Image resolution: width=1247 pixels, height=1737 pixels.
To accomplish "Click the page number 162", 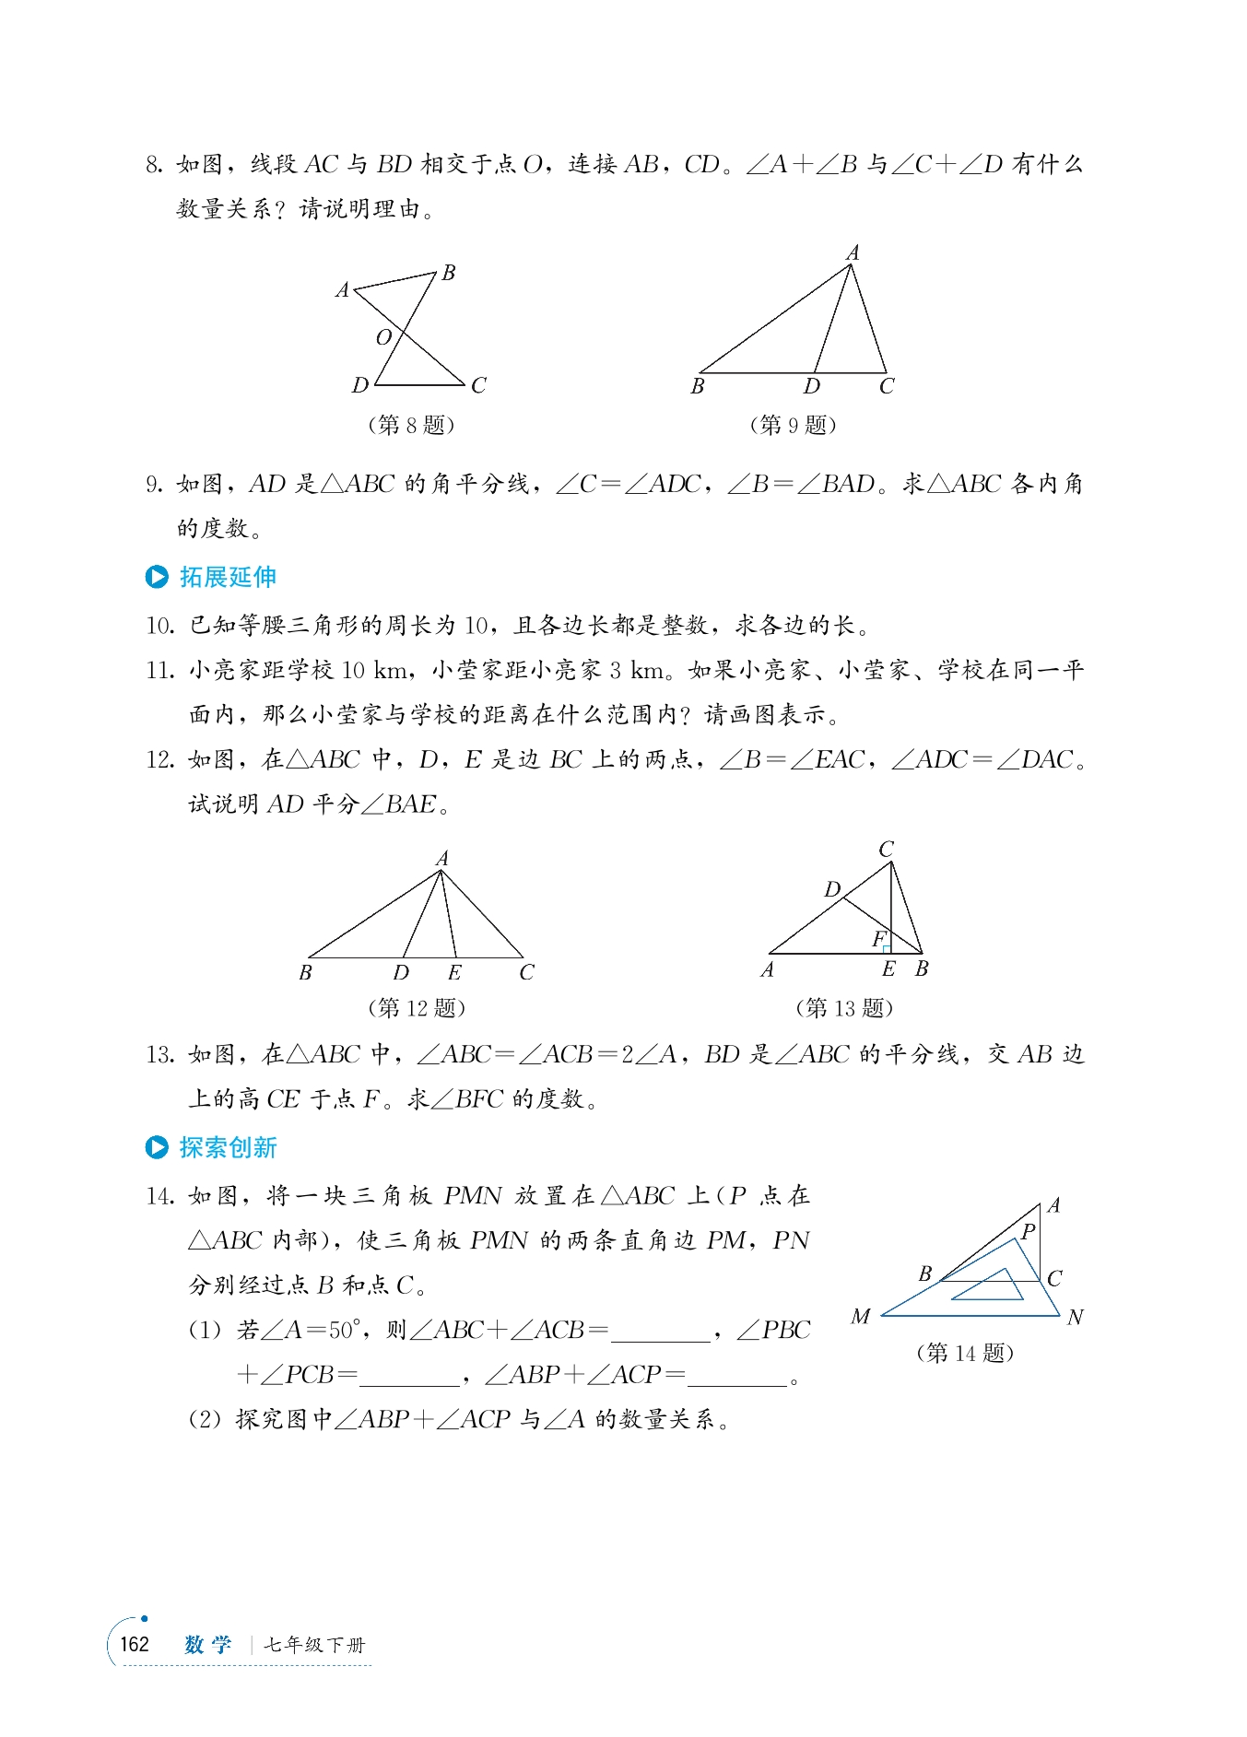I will [135, 1644].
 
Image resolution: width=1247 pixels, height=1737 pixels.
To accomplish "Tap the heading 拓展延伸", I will [228, 577].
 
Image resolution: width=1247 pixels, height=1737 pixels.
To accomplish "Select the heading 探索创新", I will [228, 1147].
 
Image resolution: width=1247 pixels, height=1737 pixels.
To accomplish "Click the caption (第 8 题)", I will [411, 425].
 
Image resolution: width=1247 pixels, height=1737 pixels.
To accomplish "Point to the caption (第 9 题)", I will [793, 425].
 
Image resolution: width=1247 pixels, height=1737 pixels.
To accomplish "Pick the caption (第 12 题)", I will [417, 1007].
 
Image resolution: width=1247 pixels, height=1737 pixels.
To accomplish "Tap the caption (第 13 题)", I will [844, 1007].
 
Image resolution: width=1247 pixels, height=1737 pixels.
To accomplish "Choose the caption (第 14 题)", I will [965, 1353].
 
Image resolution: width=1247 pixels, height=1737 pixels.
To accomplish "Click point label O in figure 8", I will [383, 338].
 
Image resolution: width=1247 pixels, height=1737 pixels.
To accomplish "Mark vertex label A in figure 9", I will [853, 252].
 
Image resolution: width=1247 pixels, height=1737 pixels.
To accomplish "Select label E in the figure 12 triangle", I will [454, 972].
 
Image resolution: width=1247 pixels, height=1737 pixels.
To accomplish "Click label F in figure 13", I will [878, 938].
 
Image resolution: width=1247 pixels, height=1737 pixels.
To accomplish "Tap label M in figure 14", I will [860, 1317].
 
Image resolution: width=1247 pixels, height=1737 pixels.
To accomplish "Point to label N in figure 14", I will [1075, 1318].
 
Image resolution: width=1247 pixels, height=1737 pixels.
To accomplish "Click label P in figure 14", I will [1029, 1231].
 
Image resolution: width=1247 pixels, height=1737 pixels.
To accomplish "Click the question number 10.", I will [159, 626].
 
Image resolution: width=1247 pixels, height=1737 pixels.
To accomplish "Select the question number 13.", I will [159, 1054].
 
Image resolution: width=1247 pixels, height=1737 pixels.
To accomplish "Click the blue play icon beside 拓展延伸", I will [157, 577].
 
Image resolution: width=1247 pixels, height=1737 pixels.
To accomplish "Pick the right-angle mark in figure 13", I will [886, 948].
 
